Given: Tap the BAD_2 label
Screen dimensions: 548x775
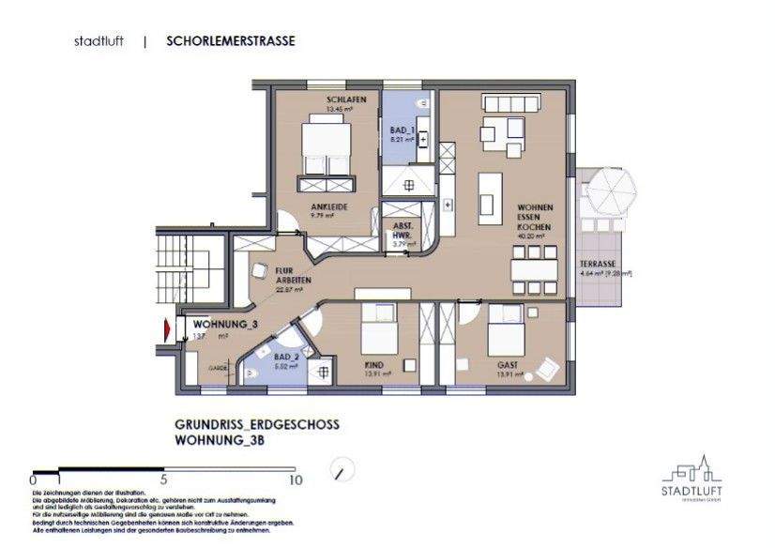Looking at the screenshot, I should (x=281, y=358).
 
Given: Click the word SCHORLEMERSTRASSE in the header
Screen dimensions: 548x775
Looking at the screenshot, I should (x=230, y=41).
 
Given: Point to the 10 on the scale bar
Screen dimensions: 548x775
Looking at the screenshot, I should (x=297, y=479).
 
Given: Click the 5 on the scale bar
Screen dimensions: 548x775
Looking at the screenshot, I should (x=164, y=479).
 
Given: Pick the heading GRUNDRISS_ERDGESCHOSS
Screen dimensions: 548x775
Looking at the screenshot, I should (x=257, y=425).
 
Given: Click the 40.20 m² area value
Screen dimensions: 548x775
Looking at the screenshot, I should (x=532, y=237).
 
